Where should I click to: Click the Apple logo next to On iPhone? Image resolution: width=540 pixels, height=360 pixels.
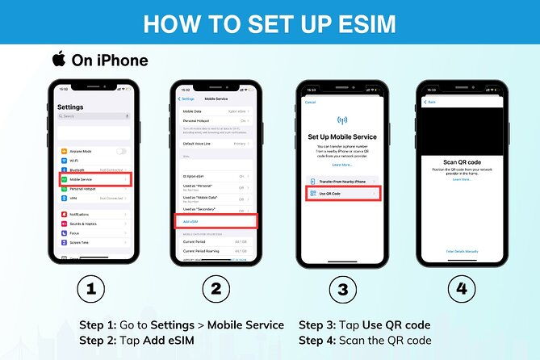coord(58,59)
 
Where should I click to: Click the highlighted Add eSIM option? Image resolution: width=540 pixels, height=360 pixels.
coord(215,220)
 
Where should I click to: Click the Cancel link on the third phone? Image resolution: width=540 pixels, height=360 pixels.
coord(309,102)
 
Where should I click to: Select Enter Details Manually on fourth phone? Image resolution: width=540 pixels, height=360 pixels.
coord(461,251)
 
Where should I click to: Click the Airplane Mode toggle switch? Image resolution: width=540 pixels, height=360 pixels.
coord(121,151)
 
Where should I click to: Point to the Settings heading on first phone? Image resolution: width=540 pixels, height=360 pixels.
coord(70,107)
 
